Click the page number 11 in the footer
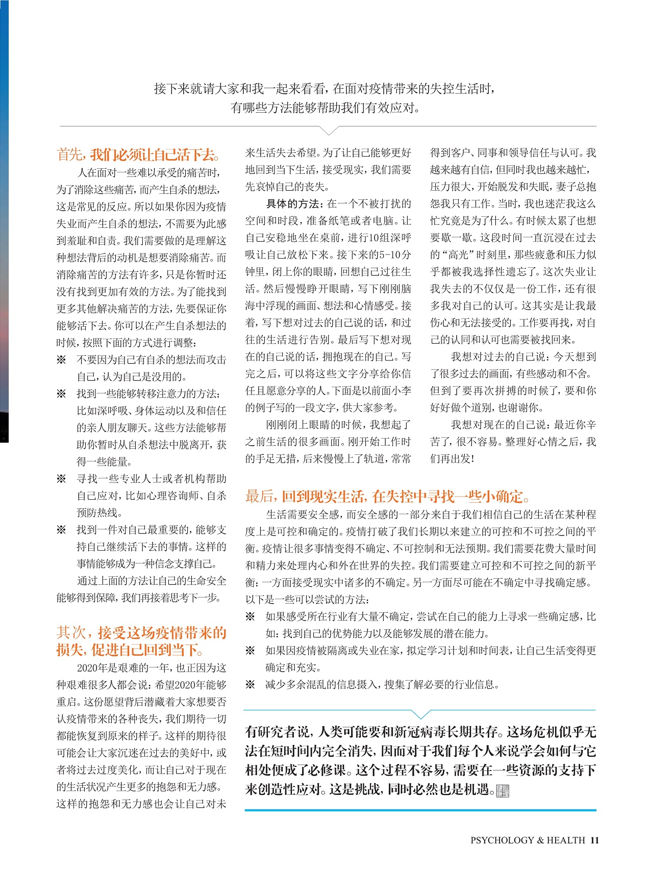click(594, 840)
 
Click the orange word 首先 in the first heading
click(70, 154)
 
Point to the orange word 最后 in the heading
click(260, 496)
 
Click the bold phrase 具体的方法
click(293, 204)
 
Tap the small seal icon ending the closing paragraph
click(503, 791)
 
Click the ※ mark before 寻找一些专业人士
click(61, 479)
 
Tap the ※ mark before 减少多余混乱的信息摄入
click(250, 684)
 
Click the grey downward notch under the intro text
click(328, 131)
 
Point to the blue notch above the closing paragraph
click(421, 714)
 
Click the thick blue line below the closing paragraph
click(420, 810)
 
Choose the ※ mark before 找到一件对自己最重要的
click(61, 530)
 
